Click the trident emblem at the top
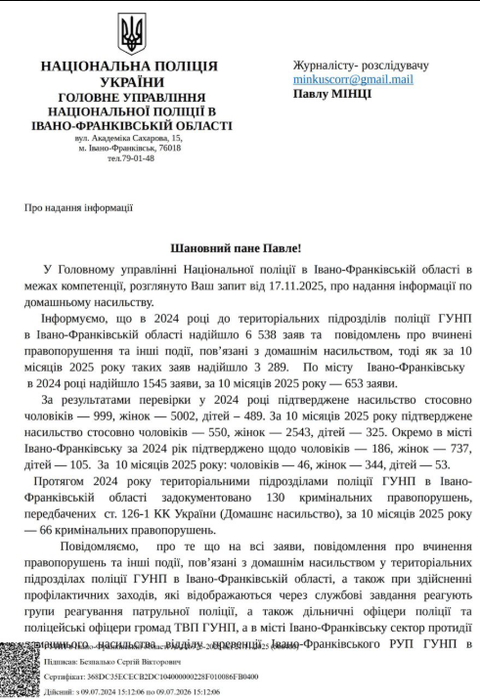[130, 33]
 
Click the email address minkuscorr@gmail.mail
[353, 79]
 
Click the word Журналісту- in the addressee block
[325, 66]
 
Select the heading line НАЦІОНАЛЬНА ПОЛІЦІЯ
[129, 66]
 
